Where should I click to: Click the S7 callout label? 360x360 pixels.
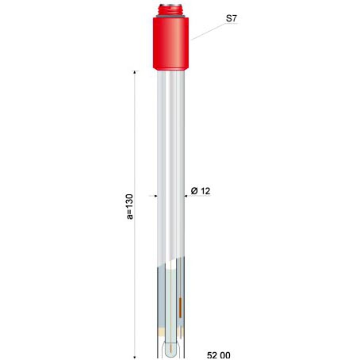point(232,18)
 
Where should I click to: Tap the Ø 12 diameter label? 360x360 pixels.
point(201,191)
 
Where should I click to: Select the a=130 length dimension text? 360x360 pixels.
point(130,207)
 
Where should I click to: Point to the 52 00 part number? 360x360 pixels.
point(219,355)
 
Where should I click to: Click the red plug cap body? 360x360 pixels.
point(170,44)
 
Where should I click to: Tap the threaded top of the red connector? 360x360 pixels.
point(170,10)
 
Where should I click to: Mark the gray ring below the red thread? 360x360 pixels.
point(170,16)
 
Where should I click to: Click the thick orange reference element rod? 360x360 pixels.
point(180,308)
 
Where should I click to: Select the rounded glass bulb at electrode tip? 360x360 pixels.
point(170,349)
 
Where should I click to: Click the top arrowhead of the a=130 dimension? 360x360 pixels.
point(135,72)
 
